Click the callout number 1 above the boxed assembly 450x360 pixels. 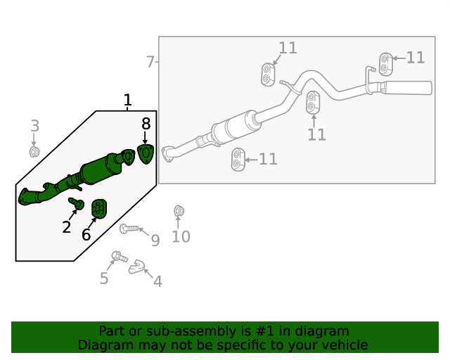click(127, 101)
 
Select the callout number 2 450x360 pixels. click(67, 226)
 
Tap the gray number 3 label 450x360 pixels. click(34, 127)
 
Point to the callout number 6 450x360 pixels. click(86, 235)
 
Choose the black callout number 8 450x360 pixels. click(146, 122)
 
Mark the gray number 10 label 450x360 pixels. click(181, 237)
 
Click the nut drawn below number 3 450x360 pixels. click(34, 151)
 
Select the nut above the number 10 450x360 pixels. click(179, 211)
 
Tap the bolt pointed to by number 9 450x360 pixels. click(128, 229)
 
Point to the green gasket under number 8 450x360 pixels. click(146, 154)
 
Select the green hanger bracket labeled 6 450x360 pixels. click(100, 209)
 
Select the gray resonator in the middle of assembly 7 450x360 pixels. click(236, 129)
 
